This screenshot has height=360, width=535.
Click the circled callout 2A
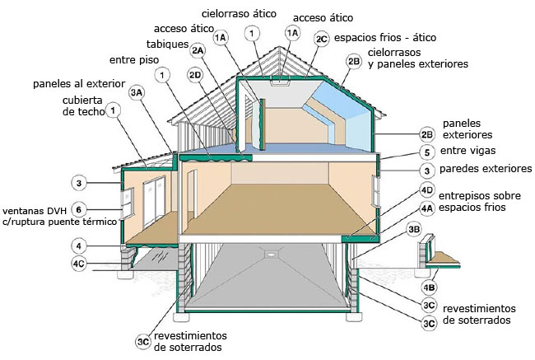tap(197, 50)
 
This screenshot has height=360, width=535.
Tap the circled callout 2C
tap(322, 38)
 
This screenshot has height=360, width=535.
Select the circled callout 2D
tap(195, 75)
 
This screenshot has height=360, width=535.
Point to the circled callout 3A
tap(137, 93)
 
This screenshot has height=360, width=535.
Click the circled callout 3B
tap(414, 230)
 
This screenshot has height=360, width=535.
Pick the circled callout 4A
tap(426, 208)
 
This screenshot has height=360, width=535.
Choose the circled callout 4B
tap(429, 288)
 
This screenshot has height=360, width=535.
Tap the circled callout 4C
tap(79, 264)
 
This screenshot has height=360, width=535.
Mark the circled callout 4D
tap(426, 190)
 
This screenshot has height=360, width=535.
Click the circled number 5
tap(426, 152)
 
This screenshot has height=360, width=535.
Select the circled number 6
tap(79, 209)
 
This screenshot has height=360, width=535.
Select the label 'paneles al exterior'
tap(79, 84)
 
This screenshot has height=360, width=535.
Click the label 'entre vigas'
tap(468, 152)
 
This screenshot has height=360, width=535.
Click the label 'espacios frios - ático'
tap(384, 38)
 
